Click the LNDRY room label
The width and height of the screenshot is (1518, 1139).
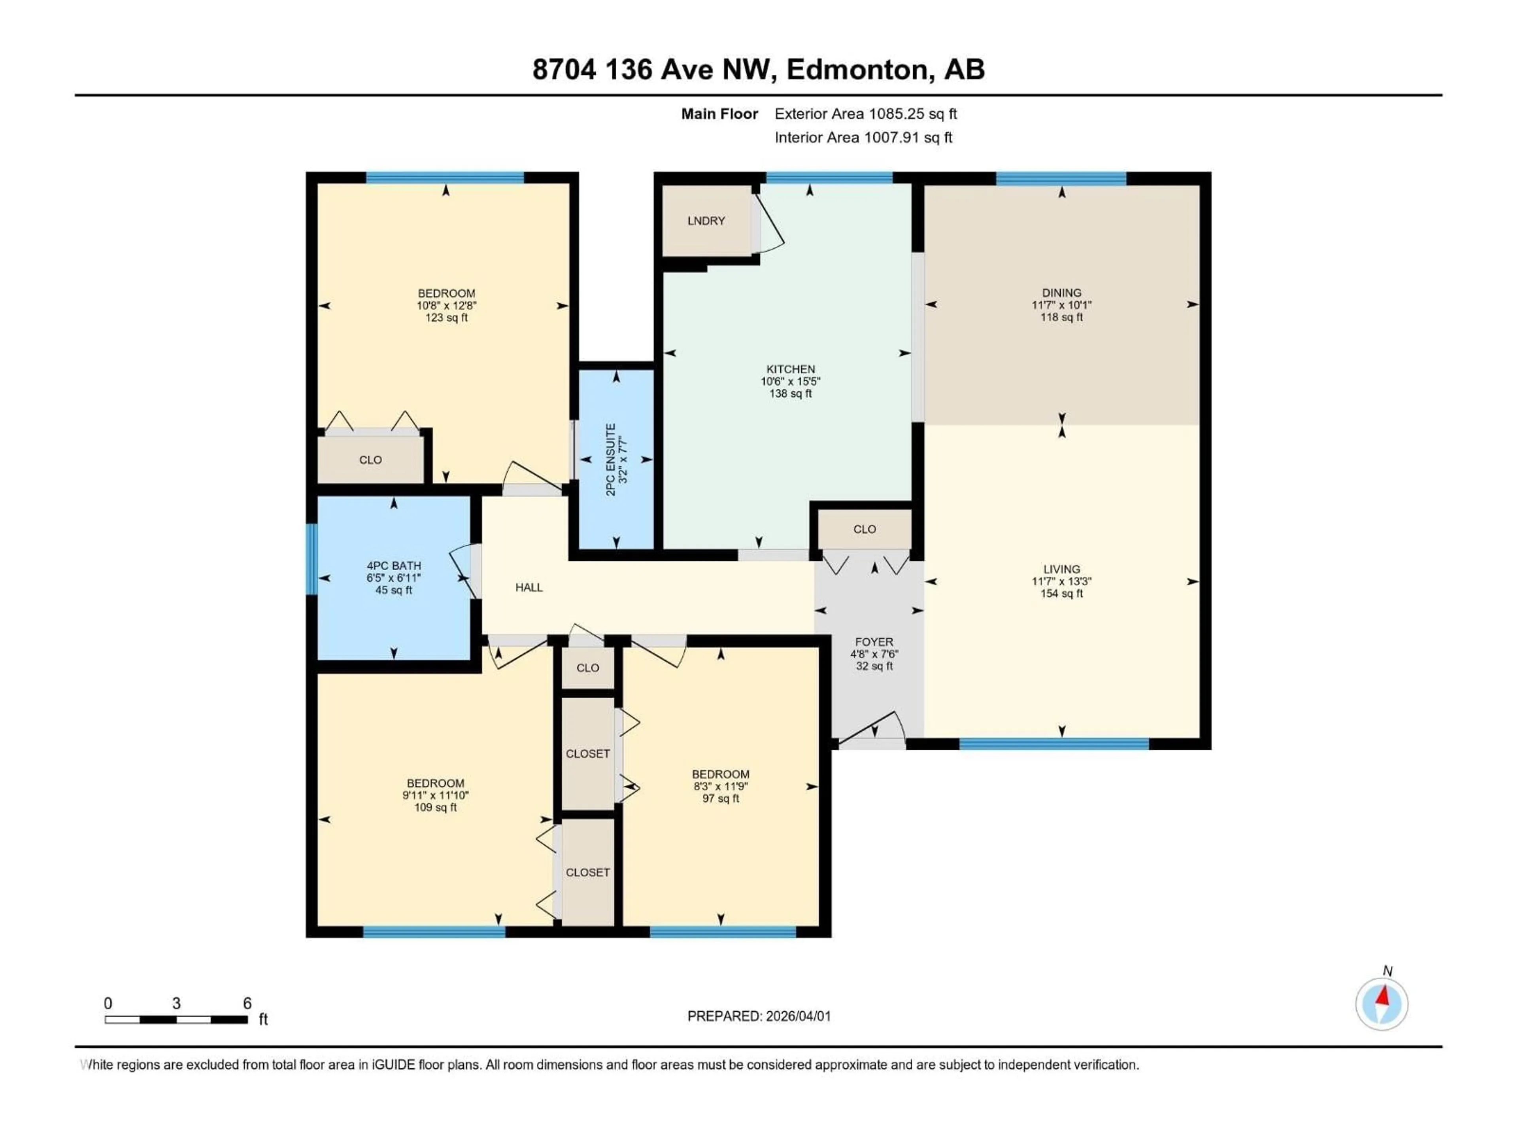[706, 221]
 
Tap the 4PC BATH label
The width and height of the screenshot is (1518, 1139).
[393, 566]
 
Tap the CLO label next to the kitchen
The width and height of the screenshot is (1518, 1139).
[864, 529]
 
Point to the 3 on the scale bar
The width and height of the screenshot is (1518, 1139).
[176, 1004]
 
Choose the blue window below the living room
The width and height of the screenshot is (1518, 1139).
[1054, 744]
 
